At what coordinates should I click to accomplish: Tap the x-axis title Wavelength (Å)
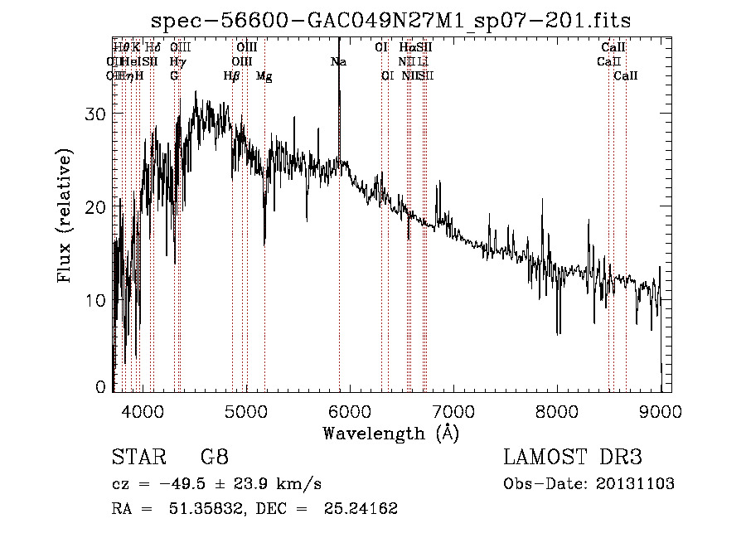pos(390,432)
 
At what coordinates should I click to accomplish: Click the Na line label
pos(338,62)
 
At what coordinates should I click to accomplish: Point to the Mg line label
pos(264,76)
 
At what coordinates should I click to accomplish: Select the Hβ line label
pos(232,76)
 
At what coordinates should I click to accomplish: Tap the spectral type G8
pos(214,458)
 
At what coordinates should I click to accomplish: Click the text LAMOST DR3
pos(573,458)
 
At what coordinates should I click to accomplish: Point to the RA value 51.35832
pos(209,509)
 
